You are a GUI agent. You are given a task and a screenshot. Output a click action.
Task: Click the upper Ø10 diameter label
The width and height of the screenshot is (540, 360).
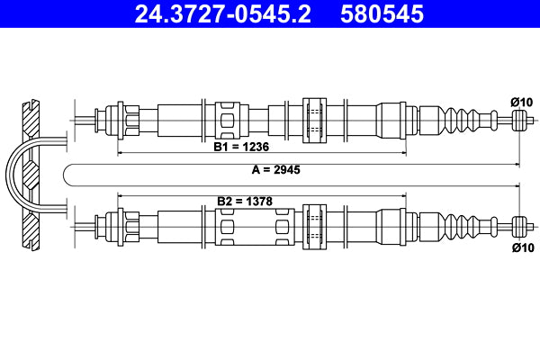tap(522, 101)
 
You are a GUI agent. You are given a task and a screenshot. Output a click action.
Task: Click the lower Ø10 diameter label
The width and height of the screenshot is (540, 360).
tap(522, 247)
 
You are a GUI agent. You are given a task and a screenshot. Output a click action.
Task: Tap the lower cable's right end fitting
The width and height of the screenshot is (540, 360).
tap(519, 223)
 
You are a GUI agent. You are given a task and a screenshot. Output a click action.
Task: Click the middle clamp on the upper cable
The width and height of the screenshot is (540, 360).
tap(315, 117)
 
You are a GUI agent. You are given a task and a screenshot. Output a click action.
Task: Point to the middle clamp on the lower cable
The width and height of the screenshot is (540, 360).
tap(315, 222)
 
